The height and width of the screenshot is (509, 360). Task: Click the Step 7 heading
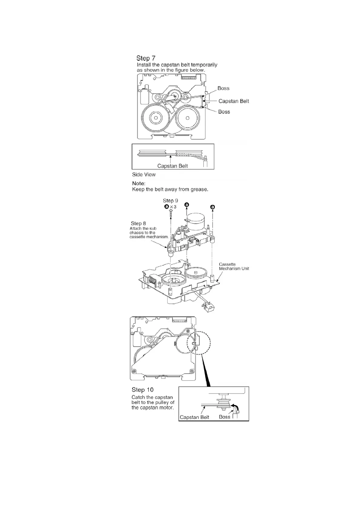146,58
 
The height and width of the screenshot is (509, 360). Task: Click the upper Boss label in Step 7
223,88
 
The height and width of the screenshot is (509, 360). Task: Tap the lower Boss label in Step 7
224,112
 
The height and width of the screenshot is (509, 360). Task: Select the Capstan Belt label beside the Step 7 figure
234,101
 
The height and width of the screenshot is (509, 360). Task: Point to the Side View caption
144,174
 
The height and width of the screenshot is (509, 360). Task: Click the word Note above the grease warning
139,183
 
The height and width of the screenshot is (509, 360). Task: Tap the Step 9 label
170,201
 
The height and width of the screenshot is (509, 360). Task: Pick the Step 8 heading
138,224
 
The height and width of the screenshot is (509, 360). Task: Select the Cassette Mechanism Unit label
234,267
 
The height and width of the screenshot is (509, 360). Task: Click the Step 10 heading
142,390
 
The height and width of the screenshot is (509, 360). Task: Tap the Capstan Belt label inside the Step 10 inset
195,417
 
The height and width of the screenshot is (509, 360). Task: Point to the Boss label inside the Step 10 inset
224,417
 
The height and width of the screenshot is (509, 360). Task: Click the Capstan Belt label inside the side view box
172,166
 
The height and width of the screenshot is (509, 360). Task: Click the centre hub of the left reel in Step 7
156,118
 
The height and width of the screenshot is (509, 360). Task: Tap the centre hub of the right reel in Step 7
188,118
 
